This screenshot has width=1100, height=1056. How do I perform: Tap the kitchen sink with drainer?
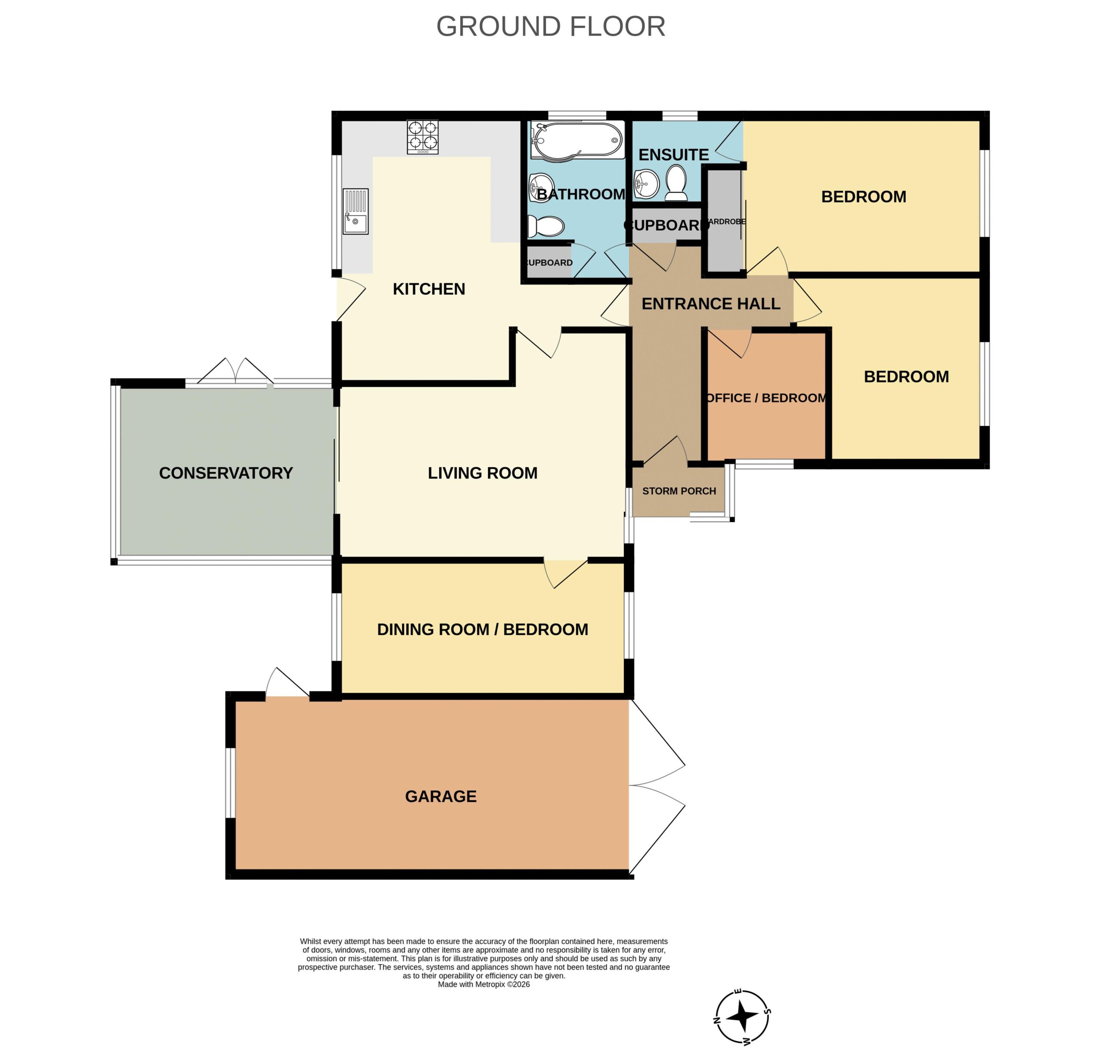[356, 211]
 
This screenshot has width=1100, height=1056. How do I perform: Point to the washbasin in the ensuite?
[647, 184]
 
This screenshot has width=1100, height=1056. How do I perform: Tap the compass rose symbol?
[742, 1017]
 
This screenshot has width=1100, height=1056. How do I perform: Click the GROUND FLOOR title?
[550, 26]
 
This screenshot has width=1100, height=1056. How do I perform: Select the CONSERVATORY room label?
[226, 473]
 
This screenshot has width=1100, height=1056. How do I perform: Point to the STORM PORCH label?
[679, 491]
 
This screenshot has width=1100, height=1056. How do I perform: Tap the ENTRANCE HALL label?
[711, 304]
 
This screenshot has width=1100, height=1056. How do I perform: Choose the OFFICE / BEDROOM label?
[766, 398]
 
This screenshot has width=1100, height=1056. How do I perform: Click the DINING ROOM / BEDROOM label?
[483, 629]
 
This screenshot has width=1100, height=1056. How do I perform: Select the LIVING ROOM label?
[483, 473]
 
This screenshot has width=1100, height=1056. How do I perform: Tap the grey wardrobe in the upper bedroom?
[724, 221]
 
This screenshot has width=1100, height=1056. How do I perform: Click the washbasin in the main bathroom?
[541, 187]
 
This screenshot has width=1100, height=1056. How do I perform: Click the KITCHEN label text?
[429, 289]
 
